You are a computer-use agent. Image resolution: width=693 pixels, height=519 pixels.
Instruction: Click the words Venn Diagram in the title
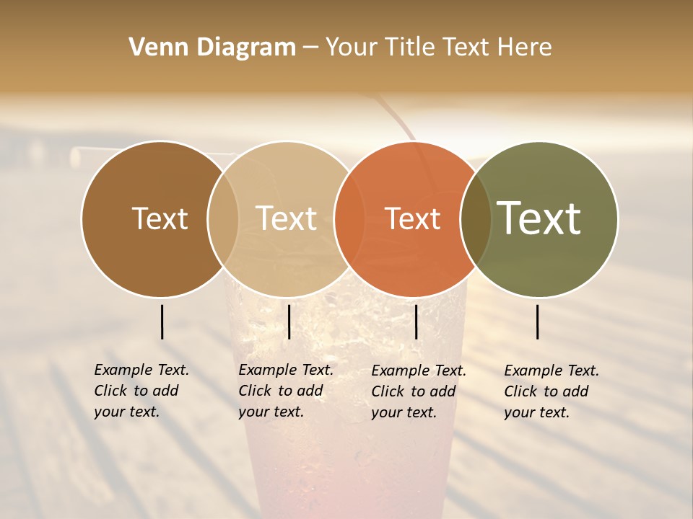click(x=212, y=48)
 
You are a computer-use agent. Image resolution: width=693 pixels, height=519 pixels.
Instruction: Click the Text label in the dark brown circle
click(x=160, y=218)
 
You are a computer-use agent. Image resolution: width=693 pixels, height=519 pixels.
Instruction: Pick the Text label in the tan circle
click(x=287, y=218)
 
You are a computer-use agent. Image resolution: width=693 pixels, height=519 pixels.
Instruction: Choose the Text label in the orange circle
click(x=413, y=218)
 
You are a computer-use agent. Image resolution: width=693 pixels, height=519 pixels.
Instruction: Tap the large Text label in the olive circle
click(x=539, y=218)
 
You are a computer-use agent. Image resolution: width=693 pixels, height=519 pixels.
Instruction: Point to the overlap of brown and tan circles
click(x=223, y=218)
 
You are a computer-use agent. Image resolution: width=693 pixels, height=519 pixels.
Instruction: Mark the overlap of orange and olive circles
click(x=475, y=218)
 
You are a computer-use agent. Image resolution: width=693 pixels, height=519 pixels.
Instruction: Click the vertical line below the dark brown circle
click(x=162, y=321)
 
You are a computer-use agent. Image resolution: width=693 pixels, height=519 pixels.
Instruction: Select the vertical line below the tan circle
click(x=289, y=321)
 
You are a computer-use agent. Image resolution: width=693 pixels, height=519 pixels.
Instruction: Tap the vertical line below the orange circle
click(x=416, y=321)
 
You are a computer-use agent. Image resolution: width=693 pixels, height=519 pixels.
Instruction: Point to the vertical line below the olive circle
click(x=538, y=321)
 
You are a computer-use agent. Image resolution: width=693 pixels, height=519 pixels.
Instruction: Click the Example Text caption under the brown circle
click(x=141, y=391)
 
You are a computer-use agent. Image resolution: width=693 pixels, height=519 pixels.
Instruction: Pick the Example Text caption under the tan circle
click(x=285, y=391)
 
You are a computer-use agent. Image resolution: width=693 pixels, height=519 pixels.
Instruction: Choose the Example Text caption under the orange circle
click(x=418, y=391)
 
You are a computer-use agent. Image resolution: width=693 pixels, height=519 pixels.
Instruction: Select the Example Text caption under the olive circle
click(x=551, y=391)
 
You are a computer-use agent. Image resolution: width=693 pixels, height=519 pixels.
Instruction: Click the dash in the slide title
click(x=310, y=48)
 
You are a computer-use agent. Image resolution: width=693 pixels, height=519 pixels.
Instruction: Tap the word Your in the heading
click(x=352, y=48)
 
